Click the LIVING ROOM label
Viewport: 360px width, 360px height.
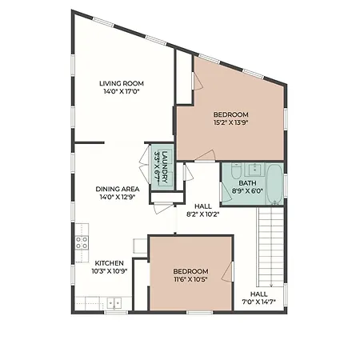pyautogui.click(x=122, y=83)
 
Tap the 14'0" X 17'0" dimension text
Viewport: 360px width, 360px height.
pyautogui.click(x=122, y=91)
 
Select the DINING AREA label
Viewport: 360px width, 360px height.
pyautogui.click(x=118, y=189)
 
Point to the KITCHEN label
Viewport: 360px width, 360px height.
pyautogui.click(x=110, y=263)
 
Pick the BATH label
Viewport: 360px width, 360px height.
pyautogui.click(x=247, y=183)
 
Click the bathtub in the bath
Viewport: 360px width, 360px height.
pyautogui.click(x=274, y=184)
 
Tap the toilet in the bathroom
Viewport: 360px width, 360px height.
pyautogui.click(x=236, y=170)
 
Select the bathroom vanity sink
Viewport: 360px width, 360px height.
pyautogui.click(x=255, y=170)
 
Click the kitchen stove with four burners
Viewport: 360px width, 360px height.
pyautogui.click(x=82, y=242)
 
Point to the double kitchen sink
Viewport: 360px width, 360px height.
pyautogui.click(x=114, y=303)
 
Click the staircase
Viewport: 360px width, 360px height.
pyautogui.click(x=270, y=246)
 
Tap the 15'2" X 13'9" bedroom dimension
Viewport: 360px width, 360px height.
pyautogui.click(x=231, y=122)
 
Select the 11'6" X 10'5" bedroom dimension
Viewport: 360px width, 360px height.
pyautogui.click(x=190, y=279)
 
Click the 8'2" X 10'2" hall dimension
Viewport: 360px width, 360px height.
pyautogui.click(x=203, y=214)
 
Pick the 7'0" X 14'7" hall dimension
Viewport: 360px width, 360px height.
pyautogui.click(x=258, y=302)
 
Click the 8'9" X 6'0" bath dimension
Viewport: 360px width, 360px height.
pyautogui.click(x=247, y=191)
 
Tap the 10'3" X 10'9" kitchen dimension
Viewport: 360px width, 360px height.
pyautogui.click(x=110, y=271)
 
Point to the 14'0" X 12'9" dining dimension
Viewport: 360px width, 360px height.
pyautogui.click(x=118, y=197)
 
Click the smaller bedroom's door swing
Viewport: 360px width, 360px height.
pyautogui.click(x=226, y=270)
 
